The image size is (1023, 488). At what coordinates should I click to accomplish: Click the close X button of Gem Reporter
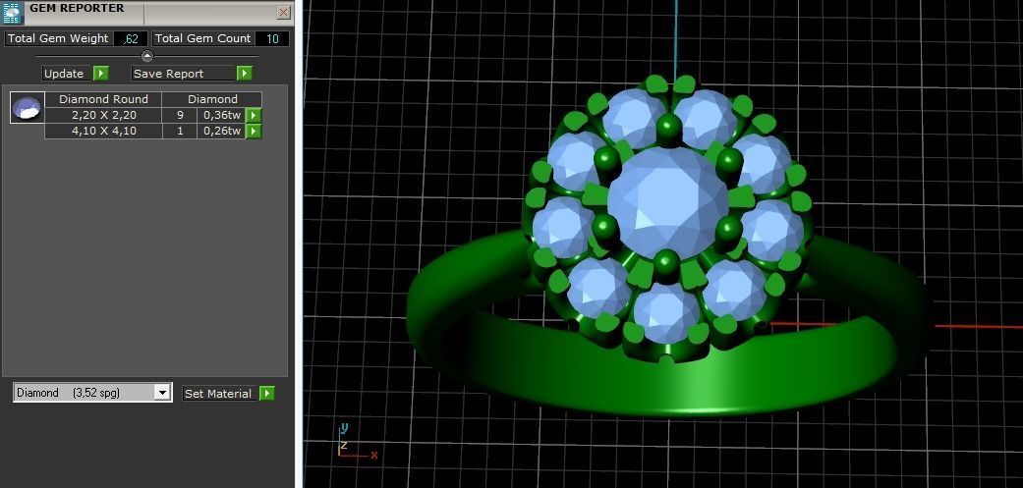pos(283,13)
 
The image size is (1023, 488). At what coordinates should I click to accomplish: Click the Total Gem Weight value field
pos(130,38)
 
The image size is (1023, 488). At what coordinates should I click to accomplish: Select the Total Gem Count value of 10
pos(272,38)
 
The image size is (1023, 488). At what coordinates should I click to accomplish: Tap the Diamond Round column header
pos(103,99)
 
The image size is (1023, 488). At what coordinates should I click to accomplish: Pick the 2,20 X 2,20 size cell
pos(103,115)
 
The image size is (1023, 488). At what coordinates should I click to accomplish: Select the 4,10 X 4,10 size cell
pos(103,131)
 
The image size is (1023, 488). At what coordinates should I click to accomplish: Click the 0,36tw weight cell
pos(221,115)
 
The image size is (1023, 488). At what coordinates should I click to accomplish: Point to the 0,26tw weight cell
pos(221,131)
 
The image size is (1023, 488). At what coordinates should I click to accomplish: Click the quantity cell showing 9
pos(180,115)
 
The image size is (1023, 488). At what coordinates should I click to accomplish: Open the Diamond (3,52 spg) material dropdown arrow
pos(162,393)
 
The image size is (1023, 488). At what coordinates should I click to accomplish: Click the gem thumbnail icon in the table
pos(28,107)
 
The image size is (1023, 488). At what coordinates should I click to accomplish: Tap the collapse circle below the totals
pos(147,56)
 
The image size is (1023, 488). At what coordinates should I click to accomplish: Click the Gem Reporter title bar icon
pos(12,11)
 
